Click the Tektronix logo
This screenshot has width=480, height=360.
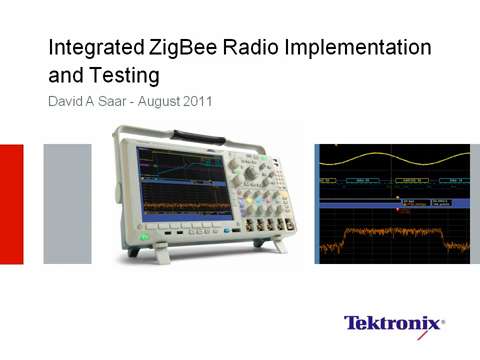[394, 323]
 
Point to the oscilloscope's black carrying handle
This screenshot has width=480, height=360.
[201, 134]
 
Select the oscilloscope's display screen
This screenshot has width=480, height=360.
[180, 184]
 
